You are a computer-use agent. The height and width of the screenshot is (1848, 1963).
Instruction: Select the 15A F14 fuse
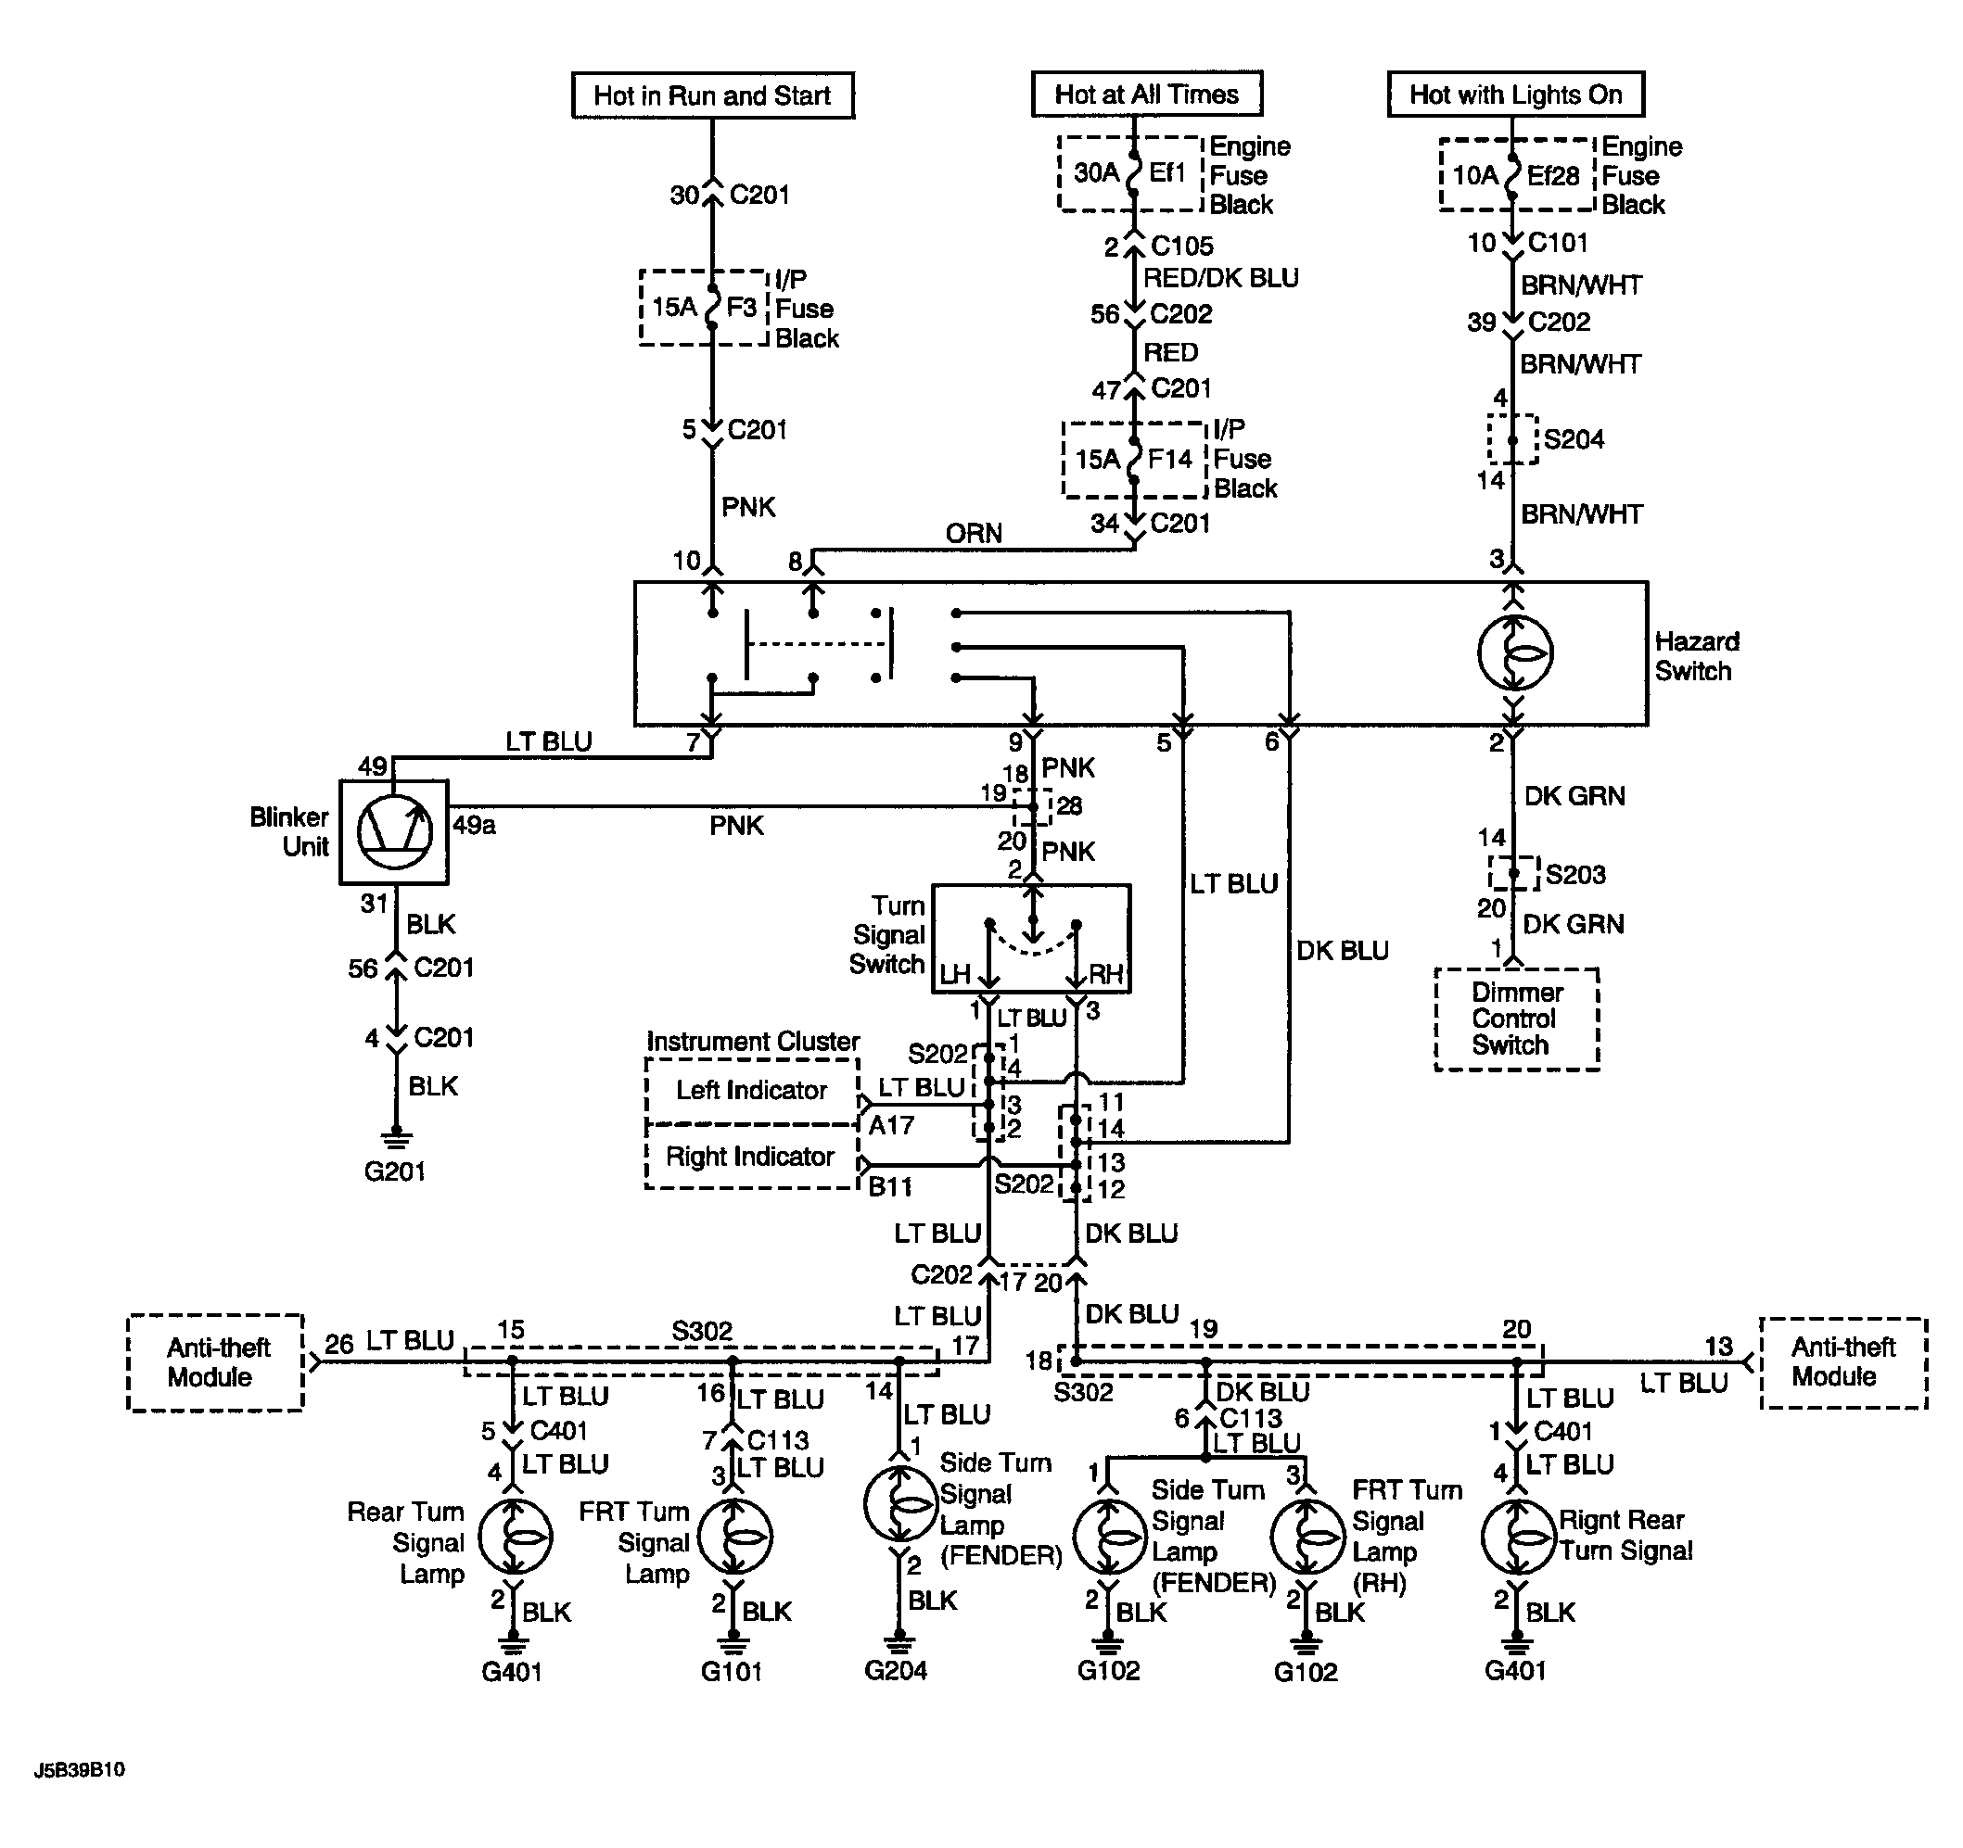point(1135,460)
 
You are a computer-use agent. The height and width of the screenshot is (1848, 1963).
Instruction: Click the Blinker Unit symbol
point(394,832)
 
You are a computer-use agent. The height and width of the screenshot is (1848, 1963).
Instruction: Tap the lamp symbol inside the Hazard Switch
point(1515,653)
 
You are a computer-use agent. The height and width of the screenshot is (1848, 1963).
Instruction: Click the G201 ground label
point(395,1171)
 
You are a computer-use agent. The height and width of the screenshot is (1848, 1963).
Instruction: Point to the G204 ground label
point(896,1670)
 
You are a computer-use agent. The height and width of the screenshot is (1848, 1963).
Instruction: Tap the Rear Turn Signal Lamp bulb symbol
point(515,1537)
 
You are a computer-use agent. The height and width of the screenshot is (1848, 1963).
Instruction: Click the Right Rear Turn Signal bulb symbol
point(1519,1537)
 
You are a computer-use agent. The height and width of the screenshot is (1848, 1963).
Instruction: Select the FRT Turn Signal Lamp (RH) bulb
point(1307,1537)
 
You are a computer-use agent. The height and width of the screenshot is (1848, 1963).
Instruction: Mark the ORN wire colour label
point(974,534)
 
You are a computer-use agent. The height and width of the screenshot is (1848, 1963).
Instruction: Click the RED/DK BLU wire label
point(1220,278)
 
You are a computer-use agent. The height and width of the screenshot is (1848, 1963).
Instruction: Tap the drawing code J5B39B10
point(80,1770)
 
